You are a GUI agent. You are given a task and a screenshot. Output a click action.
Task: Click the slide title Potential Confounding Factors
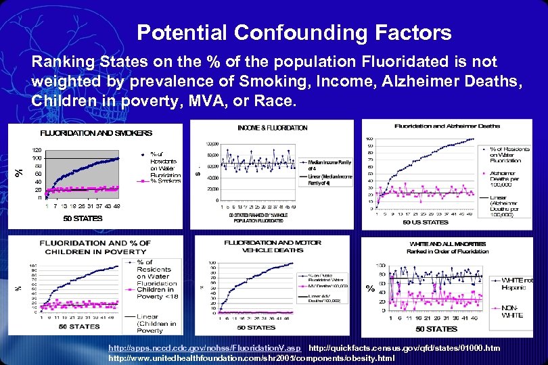pyautogui.click(x=294, y=32)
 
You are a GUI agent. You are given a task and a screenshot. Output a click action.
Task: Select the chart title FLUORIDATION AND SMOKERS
pyautogui.click(x=96, y=133)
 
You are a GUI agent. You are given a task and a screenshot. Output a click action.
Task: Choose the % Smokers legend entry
pyautogui.click(x=164, y=181)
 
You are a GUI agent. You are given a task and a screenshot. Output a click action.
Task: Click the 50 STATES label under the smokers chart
pyautogui.click(x=83, y=218)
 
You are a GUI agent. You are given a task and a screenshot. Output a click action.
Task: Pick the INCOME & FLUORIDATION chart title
pyautogui.click(x=273, y=128)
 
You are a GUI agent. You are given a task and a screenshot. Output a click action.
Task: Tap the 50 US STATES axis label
pyautogui.click(x=426, y=222)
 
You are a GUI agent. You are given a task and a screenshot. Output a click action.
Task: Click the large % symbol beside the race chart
pyautogui.click(x=370, y=289)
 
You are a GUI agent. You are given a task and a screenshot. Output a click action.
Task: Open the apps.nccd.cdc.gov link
pyautogui.click(x=204, y=347)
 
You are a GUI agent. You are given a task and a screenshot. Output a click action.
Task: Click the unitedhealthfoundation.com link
pyautogui.click(x=251, y=357)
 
